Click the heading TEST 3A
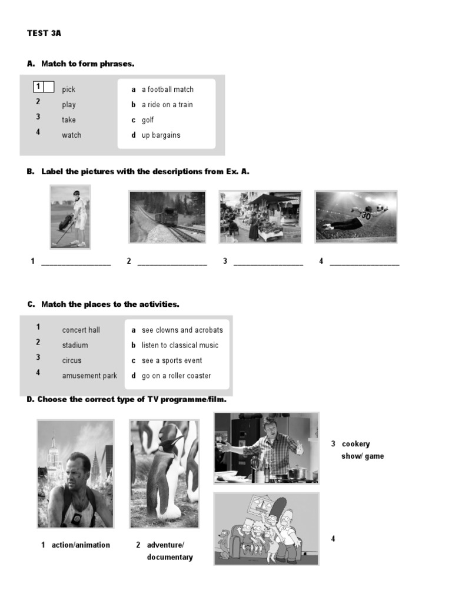pyautogui.click(x=44, y=34)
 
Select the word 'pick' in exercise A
pyautogui.click(x=69, y=90)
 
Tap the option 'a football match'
pyautogui.click(x=167, y=90)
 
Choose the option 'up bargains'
pyautogui.click(x=161, y=135)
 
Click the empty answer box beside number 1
pyautogui.click(x=49, y=87)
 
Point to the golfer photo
pyautogui.click(x=71, y=217)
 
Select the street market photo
pyautogui.click(x=260, y=216)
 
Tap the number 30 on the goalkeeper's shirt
pyautogui.click(x=365, y=216)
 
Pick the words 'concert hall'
pyautogui.click(x=81, y=330)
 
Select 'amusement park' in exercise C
pyautogui.click(x=89, y=376)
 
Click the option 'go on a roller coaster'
pyautogui.click(x=176, y=376)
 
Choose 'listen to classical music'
pyautogui.click(x=180, y=346)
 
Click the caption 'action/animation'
pyautogui.click(x=81, y=545)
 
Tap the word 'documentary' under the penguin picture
pyautogui.click(x=169, y=557)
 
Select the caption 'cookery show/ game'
pyautogui.click(x=362, y=450)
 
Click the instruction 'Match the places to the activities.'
pyautogui.click(x=110, y=304)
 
